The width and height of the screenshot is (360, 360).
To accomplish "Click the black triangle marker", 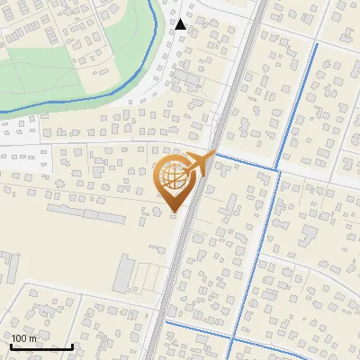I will (x=181, y=24).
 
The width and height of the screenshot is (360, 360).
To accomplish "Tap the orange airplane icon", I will (x=198, y=163).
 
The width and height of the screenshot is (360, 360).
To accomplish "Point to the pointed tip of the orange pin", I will (x=174, y=212).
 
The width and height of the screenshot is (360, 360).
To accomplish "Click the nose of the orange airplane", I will (x=213, y=153).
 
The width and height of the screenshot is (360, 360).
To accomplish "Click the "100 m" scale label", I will (x=24, y=338).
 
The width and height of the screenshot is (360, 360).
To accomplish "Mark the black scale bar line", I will (x=41, y=346).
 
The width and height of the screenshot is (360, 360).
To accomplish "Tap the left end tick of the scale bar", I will (x=11, y=345).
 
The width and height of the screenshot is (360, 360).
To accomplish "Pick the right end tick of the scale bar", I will (x=72, y=345).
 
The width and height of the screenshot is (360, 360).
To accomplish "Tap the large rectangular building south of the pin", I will (x=126, y=272).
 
